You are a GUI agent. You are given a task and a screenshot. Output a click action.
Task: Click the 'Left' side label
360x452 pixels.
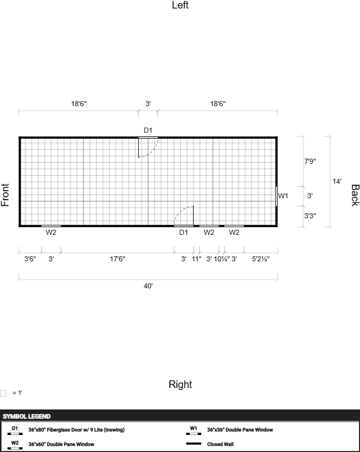pos(180,5)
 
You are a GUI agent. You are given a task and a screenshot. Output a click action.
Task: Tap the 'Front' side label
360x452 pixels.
pos(5,195)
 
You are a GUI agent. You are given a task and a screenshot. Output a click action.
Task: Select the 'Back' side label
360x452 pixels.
pos(355,195)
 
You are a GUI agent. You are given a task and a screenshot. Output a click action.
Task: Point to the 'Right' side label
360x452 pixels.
pos(180,384)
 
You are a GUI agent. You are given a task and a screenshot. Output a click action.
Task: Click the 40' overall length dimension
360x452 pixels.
pos(148,286)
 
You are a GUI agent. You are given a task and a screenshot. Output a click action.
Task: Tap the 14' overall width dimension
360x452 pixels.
pos(336,181)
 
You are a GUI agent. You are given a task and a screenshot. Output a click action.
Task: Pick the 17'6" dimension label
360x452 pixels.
pos(117,259)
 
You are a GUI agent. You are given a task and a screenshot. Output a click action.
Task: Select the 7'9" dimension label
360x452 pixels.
pos(310,161)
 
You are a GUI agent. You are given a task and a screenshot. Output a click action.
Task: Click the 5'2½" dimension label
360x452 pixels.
pos(261,259)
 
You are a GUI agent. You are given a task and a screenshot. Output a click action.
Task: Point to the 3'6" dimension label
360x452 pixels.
pos(30,259)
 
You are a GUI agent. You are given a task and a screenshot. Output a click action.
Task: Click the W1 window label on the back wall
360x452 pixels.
pos(283,196)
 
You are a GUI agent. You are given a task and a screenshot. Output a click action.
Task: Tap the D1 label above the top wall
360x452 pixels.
pos(148,130)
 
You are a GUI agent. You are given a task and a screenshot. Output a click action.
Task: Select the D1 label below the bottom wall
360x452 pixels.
pos(183,232)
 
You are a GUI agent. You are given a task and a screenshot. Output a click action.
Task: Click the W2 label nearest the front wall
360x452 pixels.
pos(51,232)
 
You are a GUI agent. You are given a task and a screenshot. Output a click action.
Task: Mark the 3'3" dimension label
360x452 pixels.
pos(310,216)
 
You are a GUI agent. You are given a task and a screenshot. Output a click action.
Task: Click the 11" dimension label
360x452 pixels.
pos(196,259)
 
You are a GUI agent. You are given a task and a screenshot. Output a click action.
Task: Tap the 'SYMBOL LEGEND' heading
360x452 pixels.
pos(27,416)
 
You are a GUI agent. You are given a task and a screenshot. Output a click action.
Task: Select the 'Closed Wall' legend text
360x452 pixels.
pos(220,444)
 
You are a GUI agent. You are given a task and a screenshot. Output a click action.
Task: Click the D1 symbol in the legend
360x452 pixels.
pos(15,430)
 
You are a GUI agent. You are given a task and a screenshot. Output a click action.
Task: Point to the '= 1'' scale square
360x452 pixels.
pos(3,393)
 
